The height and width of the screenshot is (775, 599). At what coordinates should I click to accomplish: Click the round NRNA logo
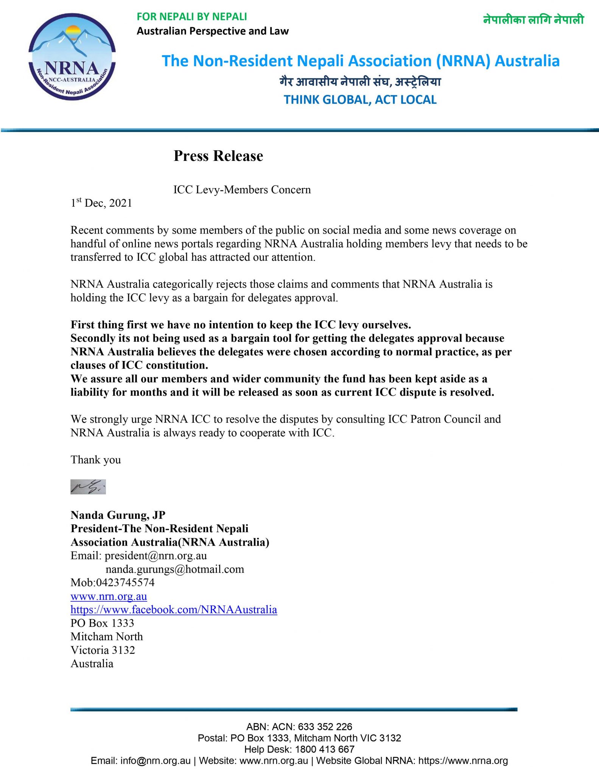(72, 57)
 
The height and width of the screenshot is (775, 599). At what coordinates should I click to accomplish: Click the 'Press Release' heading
(218, 156)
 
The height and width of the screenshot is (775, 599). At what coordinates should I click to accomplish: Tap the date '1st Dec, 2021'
(101, 203)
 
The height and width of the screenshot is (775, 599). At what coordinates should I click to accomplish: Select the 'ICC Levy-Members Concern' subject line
(242, 190)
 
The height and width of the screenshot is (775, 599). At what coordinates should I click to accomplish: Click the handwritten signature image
(88, 487)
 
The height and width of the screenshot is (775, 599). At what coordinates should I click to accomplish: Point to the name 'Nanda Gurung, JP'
(118, 515)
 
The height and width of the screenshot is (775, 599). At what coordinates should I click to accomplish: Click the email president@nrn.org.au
(156, 556)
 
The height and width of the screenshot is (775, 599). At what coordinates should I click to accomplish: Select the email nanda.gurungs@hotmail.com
(175, 569)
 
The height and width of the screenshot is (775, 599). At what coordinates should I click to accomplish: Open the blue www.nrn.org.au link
(109, 596)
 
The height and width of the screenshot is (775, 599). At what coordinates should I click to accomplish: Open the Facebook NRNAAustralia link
(174, 610)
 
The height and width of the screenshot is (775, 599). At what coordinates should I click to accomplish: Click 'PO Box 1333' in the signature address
(102, 623)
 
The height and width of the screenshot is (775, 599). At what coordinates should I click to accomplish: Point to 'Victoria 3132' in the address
(103, 650)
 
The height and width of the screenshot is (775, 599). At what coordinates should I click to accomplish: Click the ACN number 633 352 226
(325, 727)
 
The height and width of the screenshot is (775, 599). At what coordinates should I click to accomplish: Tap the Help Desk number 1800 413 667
(324, 749)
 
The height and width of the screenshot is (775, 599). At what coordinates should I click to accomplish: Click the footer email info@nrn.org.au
(155, 761)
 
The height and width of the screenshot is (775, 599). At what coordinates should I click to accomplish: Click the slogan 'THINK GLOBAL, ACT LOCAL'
(360, 100)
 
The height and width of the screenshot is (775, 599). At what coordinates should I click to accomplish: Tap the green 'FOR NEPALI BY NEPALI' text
(192, 17)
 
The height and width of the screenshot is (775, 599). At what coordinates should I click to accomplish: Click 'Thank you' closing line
(96, 460)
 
